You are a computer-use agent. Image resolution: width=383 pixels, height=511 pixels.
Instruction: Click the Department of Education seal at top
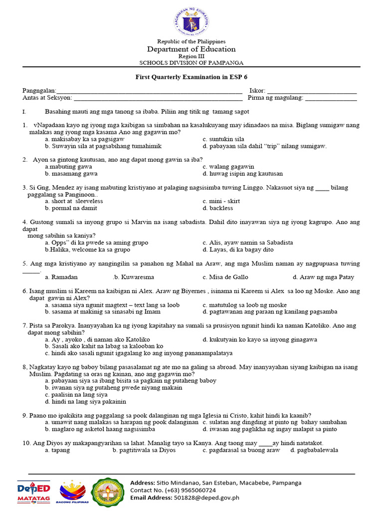click(191, 21)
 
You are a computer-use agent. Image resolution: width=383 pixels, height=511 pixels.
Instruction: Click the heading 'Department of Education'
click(191, 49)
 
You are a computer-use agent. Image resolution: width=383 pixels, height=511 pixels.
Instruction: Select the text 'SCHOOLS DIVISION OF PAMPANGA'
click(191, 63)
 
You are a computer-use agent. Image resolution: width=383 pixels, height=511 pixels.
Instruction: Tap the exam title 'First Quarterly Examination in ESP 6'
click(191, 78)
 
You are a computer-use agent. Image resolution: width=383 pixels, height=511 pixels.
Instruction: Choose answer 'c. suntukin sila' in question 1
click(223, 139)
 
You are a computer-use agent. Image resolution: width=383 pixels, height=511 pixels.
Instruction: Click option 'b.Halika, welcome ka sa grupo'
click(87, 250)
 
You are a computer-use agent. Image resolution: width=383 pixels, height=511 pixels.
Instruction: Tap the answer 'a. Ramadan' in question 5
click(61, 277)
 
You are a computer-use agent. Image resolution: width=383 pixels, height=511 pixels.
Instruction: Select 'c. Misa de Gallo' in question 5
click(225, 277)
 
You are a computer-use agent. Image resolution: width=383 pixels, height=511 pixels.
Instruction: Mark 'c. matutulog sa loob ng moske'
click(245, 305)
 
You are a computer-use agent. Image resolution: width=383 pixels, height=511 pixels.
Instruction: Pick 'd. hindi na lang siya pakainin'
click(85, 401)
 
